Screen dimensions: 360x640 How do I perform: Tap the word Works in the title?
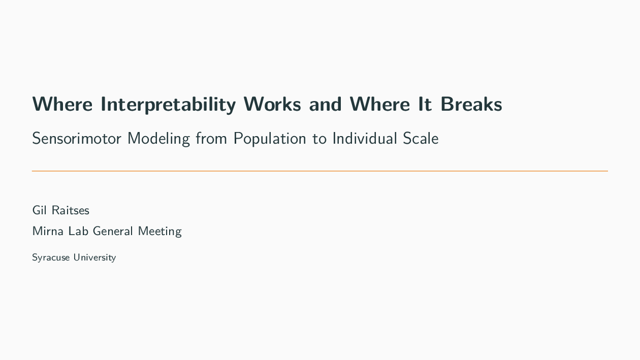(x=272, y=104)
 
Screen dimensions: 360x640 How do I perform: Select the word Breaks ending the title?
(x=471, y=104)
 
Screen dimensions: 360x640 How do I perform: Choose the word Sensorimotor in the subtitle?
(x=76, y=138)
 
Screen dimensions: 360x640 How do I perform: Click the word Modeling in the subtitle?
(x=158, y=138)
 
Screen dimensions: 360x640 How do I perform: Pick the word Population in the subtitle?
(x=270, y=138)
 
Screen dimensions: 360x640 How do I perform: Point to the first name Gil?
(x=39, y=210)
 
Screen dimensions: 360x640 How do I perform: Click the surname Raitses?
(x=71, y=210)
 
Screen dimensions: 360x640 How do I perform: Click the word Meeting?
(x=159, y=231)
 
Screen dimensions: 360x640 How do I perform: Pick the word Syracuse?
(x=51, y=257)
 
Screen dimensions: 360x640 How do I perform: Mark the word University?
(x=94, y=257)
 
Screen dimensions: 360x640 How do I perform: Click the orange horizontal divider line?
(x=320, y=171)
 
